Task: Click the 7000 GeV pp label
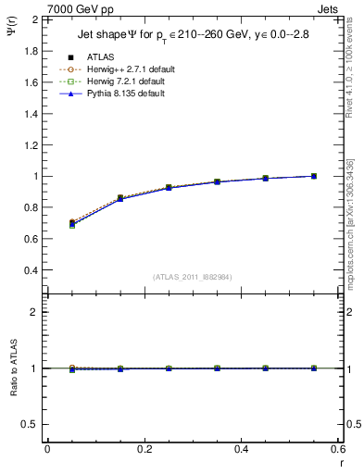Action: pos(81,9)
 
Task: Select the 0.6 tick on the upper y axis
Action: pos(32,239)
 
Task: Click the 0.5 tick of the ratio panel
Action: pos(32,424)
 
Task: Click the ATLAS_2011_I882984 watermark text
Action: pos(192,277)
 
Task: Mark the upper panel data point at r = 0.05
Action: pos(72,223)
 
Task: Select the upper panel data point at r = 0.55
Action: pos(314,176)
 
